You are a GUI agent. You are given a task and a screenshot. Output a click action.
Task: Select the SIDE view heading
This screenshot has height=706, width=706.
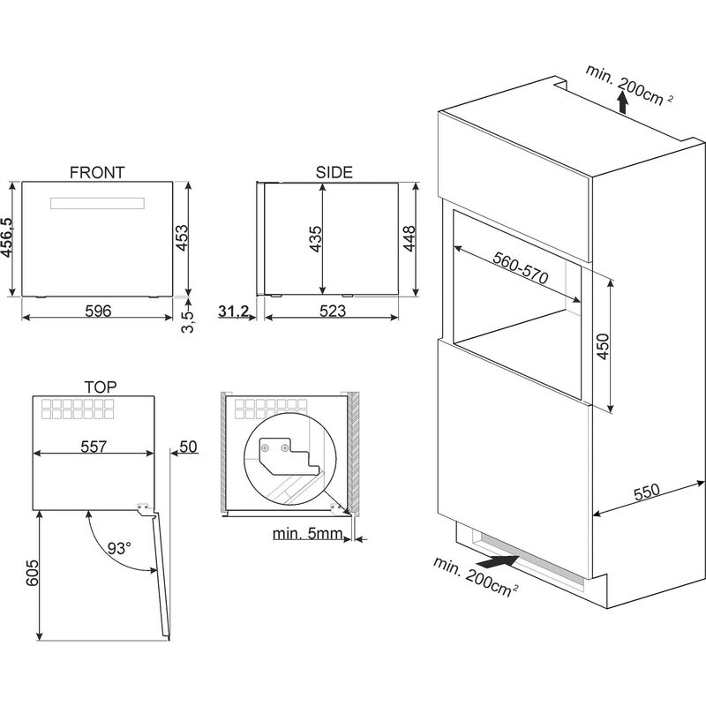point(334,172)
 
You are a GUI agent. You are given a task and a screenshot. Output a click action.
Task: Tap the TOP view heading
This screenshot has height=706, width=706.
point(101,387)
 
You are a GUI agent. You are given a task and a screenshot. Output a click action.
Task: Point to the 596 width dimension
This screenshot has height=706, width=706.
point(97,310)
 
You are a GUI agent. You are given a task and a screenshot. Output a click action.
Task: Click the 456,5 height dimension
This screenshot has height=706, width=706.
point(8,239)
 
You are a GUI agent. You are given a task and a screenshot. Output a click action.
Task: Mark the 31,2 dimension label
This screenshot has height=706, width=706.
point(233,310)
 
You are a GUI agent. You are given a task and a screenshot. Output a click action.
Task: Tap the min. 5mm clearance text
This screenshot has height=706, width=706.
point(305,534)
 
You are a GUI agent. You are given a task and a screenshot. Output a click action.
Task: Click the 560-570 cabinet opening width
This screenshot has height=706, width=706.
point(521,263)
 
